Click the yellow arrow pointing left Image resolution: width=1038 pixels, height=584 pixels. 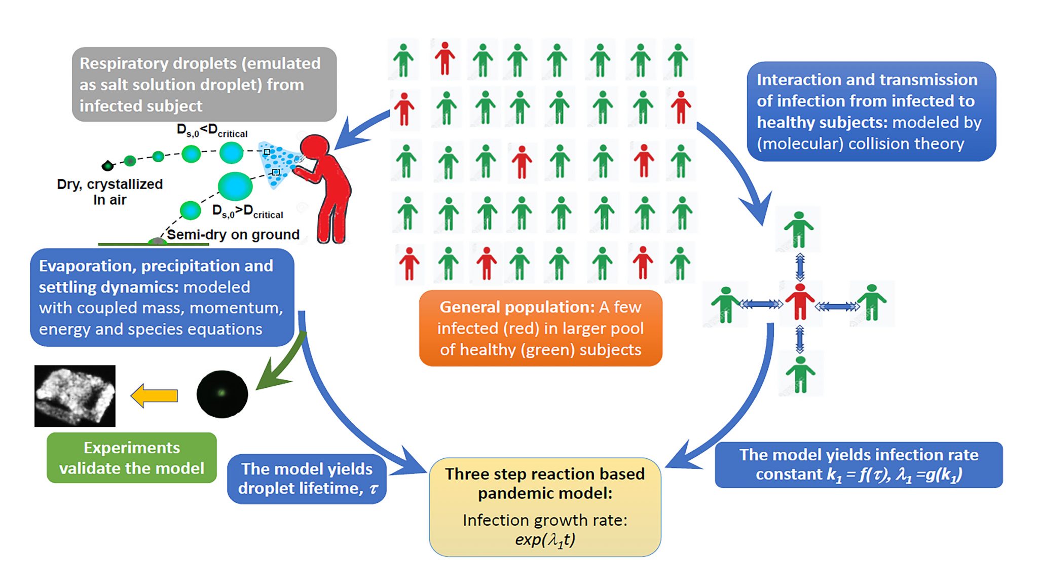coord(154,395)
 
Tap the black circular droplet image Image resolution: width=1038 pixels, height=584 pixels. coord(222,394)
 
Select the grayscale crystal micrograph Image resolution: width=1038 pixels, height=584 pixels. coord(75,395)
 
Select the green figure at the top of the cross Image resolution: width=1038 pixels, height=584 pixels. coord(799,229)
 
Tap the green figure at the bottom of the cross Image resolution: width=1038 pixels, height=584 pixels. coord(800,374)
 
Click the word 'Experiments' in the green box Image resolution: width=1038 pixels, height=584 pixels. coord(132,448)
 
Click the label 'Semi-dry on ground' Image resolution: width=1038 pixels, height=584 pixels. coord(233,235)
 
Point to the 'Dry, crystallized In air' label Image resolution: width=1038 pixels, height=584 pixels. coord(110,192)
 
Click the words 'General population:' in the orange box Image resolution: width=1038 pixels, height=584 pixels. coord(517,307)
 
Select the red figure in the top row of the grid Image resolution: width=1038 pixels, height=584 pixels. coord(444,58)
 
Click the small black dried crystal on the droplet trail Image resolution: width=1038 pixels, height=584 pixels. coord(107,165)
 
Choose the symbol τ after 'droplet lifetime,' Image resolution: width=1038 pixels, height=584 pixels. coord(374,489)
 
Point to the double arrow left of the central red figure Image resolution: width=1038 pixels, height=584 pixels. coord(761,304)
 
